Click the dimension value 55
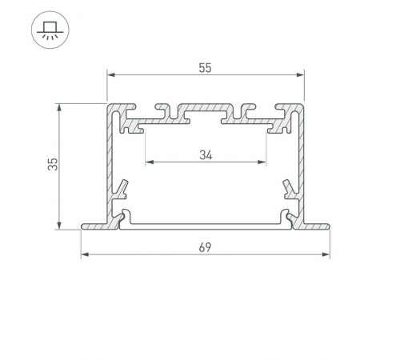coord(205,69)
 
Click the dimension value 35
coord(52,165)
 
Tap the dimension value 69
coord(206,249)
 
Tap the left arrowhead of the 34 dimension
coord(149,163)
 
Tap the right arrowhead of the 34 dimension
coord(262,163)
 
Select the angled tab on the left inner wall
coord(121,190)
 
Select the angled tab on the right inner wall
coord(290,190)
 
